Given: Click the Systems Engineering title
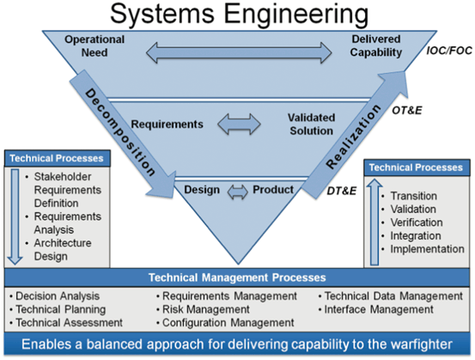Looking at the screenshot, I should tap(237, 14).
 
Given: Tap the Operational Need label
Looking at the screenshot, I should tap(95, 46).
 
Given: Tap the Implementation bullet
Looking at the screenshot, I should tap(419, 249).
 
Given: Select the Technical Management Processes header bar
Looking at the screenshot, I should tap(237, 278).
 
